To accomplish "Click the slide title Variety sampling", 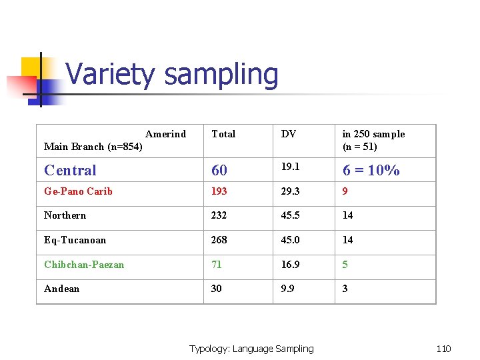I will [172, 74].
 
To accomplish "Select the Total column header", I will [223, 134].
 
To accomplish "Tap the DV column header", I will [289, 134].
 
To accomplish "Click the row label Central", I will [70, 171].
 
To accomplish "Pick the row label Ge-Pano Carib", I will [78, 191].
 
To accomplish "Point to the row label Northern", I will [65, 215].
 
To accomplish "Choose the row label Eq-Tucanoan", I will [75, 240].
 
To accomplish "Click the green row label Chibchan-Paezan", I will [84, 265].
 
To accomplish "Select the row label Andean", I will [61, 289].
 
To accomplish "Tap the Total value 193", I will [219, 191].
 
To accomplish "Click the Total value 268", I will [219, 240].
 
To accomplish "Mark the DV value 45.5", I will [290, 215].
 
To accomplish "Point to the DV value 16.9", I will [290, 265].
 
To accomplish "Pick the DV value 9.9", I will [287, 289].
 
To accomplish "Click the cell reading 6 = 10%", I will [371, 171].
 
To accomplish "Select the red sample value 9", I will [345, 191].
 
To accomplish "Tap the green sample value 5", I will [345, 265].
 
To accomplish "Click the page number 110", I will [443, 349].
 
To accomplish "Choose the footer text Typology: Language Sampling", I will [251, 349].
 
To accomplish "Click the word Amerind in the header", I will [165, 134].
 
